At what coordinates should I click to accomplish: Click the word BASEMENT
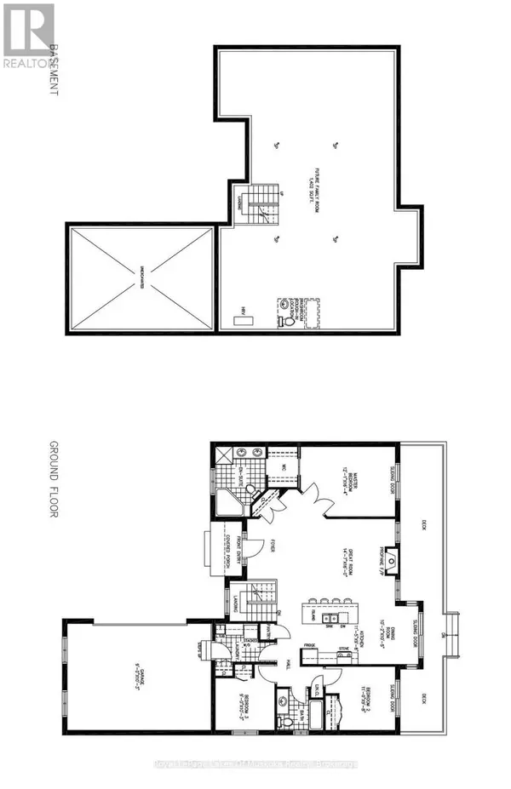tap(55, 70)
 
